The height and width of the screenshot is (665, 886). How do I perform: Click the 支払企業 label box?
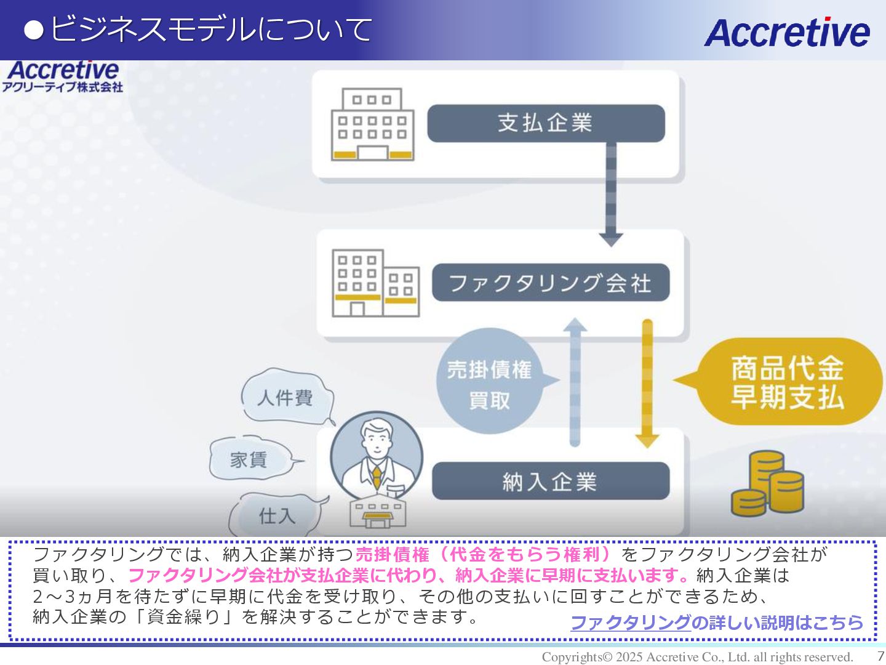pos(546,123)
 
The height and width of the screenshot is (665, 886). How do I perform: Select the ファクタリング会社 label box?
pos(551,283)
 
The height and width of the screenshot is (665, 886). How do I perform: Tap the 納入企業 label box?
pos(551,481)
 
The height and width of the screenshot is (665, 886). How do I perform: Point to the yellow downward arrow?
pos(647,382)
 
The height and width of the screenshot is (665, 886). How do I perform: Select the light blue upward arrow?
pos(575,382)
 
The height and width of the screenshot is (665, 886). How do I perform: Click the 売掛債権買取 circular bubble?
pos(490,382)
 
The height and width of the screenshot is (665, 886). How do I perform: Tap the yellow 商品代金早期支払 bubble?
pos(788,382)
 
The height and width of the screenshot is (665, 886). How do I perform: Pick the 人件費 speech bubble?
pos(286,397)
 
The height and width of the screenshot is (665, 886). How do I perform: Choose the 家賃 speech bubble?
pos(249,459)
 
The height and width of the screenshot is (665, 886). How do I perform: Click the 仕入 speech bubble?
pos(277,515)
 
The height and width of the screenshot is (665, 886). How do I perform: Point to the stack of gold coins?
pos(767,485)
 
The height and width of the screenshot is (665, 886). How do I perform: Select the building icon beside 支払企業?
pos(372,124)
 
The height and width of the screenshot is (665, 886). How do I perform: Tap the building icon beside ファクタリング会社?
pos(375,283)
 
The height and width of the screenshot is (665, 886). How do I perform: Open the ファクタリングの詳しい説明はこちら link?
pos(717,623)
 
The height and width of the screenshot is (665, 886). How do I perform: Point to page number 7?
pos(880,656)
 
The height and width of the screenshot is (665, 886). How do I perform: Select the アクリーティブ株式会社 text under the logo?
pos(62,87)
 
